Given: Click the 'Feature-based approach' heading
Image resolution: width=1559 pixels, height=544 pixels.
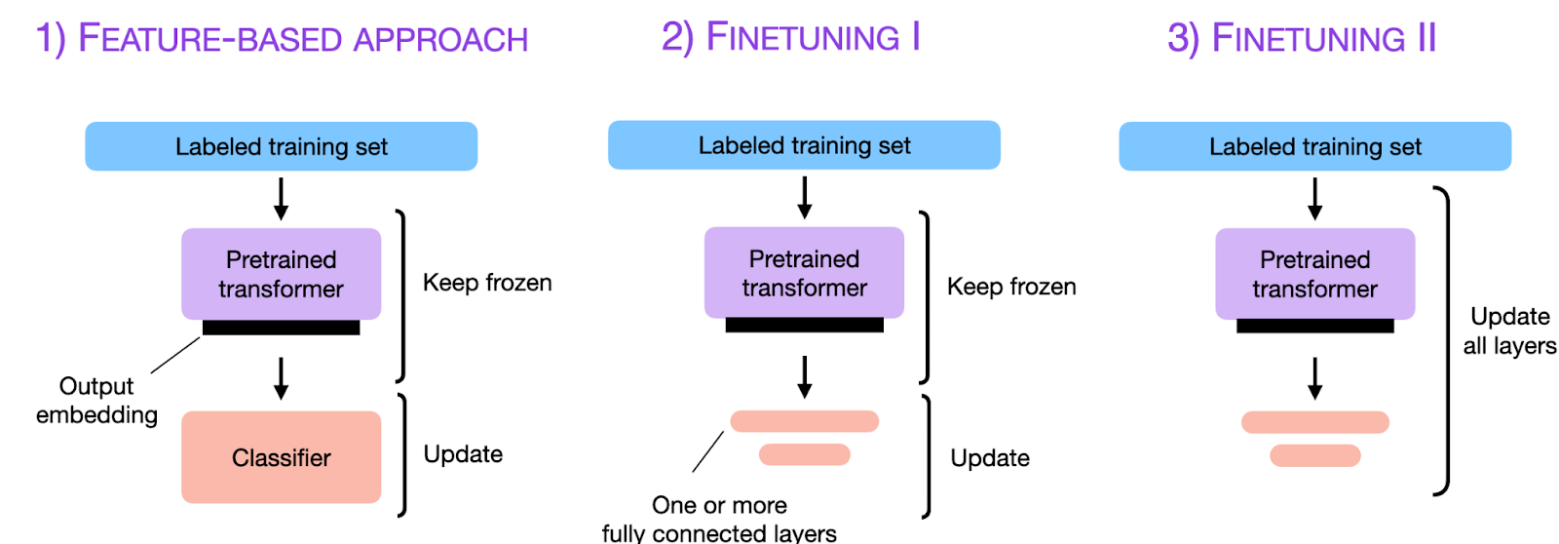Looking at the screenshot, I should (282, 39).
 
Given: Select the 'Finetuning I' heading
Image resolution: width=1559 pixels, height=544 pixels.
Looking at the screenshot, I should (790, 37).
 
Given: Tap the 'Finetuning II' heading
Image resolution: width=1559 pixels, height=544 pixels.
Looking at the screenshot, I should (1302, 39).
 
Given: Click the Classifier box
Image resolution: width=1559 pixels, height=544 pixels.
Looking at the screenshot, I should (281, 457).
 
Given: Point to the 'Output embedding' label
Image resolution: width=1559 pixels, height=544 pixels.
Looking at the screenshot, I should (96, 401).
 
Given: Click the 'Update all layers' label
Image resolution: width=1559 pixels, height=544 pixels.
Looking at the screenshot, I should (1509, 330).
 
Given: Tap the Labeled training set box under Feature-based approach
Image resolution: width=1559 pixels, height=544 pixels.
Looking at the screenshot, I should (281, 146).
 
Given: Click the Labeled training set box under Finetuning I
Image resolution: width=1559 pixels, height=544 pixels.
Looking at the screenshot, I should (804, 145).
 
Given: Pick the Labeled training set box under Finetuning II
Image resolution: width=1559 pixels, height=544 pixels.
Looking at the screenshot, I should (1314, 146).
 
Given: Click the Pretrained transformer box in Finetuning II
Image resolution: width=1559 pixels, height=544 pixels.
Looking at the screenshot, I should (1314, 274).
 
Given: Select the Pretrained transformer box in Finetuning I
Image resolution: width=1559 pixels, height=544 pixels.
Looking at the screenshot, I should (804, 273).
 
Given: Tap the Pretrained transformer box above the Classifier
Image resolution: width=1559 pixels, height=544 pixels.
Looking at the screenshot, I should (281, 274).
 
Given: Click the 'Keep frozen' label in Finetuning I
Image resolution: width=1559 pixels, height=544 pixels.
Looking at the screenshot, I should (1011, 287).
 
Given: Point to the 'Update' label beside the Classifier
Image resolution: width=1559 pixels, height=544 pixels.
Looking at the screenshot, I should (463, 454).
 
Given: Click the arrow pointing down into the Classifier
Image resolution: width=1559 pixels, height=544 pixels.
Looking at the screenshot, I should (281, 378).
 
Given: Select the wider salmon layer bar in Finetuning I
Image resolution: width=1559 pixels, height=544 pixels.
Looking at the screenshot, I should (804, 421).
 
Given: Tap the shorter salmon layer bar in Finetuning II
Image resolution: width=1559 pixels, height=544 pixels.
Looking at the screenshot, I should (1314, 455).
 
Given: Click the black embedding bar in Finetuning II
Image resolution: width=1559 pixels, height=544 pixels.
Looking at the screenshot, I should (1314, 327).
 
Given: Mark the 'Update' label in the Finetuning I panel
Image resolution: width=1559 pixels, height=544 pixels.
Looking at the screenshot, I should (990, 458).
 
